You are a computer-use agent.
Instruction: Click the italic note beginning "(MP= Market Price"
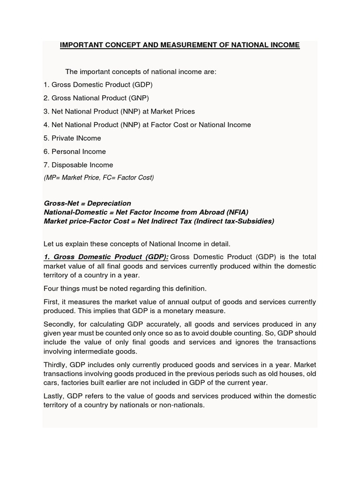tap(98, 178)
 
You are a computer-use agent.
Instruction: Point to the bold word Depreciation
tap(109, 203)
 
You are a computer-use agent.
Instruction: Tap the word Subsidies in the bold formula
tap(256, 221)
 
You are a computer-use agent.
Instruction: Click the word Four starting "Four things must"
tap(51, 288)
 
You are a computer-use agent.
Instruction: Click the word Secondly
tap(61, 324)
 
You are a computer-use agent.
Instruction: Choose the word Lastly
tap(54, 397)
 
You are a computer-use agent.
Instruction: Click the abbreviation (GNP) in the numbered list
tap(140, 98)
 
